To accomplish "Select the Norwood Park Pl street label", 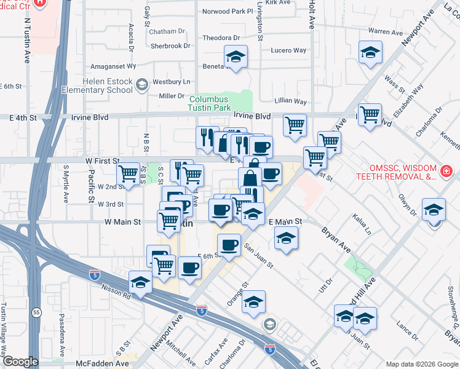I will tap(228, 11).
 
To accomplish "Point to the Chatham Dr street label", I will tap(167, 31).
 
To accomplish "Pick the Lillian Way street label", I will tap(291, 101).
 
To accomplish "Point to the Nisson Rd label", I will tap(117, 295).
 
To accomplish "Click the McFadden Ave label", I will tap(103, 363).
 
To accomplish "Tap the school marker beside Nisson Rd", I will tap(141, 284).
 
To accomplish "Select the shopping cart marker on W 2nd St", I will tap(129, 174).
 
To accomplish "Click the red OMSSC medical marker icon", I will tap(446, 170).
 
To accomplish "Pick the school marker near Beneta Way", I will tap(236, 57).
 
